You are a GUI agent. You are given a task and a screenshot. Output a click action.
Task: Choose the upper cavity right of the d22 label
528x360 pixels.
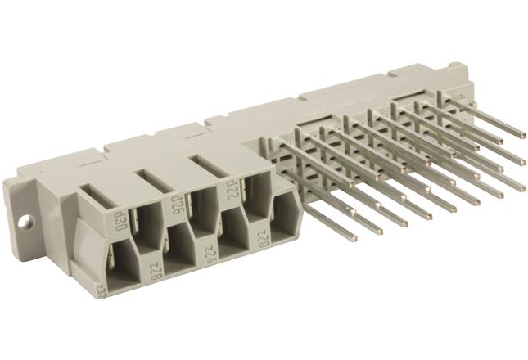255,193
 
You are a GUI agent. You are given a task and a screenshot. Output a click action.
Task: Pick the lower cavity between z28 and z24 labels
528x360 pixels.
180,245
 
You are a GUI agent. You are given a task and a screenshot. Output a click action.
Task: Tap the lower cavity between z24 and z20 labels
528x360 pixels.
233,232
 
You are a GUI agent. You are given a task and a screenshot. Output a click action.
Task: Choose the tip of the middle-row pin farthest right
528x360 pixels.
521,160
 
